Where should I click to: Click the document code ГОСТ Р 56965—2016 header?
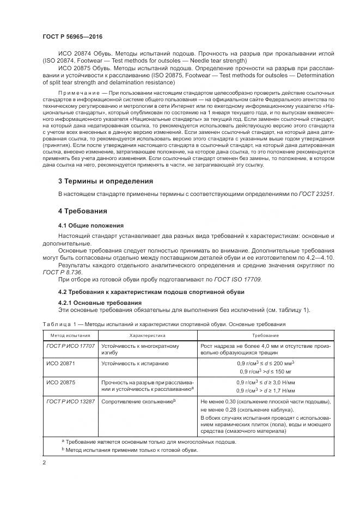pyautogui.click(x=72, y=36)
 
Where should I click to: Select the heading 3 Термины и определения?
pyautogui.click(x=105, y=181)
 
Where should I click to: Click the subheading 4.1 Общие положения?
pyautogui.click(x=91, y=225)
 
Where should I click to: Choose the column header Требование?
pyautogui.click(x=265, y=335)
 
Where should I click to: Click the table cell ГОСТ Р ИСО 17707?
pyautogui.click(x=71, y=346)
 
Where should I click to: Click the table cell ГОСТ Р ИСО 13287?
pyautogui.click(x=71, y=402)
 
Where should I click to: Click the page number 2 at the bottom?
pyautogui.click(x=44, y=462)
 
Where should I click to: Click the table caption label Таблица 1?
pyautogui.click(x=58, y=325)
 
